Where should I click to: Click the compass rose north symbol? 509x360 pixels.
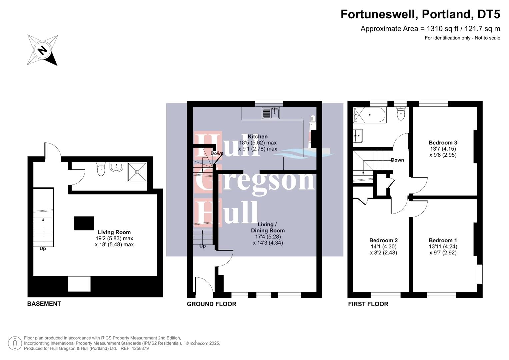point(42,50)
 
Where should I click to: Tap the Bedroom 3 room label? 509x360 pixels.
point(443,143)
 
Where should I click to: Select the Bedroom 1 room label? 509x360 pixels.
point(443,240)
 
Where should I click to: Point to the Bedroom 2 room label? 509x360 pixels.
point(383,240)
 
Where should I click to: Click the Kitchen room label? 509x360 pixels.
point(258,137)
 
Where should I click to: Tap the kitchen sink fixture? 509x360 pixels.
point(271,113)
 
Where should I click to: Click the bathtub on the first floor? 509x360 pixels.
point(370,115)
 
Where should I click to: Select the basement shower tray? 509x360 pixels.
point(137,172)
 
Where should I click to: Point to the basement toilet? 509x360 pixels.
point(101,169)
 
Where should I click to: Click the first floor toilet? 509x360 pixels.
point(401,114)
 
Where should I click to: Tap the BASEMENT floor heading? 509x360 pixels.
point(44,304)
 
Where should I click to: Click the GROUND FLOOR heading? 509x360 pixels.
point(211,304)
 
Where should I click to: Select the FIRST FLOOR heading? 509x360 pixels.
point(368,304)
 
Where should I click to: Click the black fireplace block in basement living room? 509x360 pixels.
point(84,223)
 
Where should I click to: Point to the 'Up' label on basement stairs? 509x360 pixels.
point(43,249)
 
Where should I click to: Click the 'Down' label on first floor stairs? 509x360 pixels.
point(397,160)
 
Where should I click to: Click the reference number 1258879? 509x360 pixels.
point(140,348)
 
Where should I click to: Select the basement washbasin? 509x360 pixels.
point(116,167)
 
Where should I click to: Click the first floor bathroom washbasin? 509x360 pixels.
point(358,135)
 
